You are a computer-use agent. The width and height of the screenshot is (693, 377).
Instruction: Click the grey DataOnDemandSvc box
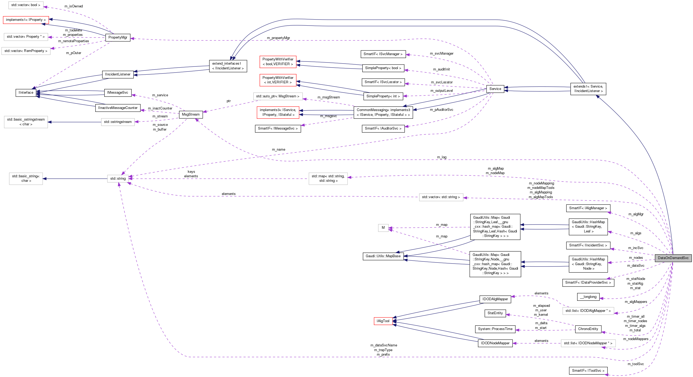[x=673, y=258]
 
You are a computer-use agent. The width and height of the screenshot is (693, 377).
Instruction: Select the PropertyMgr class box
[x=118, y=37]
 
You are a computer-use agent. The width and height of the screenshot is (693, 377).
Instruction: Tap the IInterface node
[x=26, y=92]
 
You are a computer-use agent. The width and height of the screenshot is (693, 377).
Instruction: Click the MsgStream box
[x=190, y=114]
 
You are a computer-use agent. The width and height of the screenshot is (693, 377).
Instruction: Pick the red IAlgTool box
[x=383, y=321]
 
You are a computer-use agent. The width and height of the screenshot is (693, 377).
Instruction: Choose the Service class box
[x=495, y=89]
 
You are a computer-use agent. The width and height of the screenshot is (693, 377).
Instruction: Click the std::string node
[x=118, y=178]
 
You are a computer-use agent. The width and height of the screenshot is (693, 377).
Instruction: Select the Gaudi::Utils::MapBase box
[x=383, y=256]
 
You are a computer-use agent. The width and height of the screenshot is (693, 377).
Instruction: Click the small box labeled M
[x=383, y=228]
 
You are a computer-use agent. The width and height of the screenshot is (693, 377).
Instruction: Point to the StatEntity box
[x=495, y=313]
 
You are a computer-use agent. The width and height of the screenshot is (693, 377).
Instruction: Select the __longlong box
[x=588, y=297]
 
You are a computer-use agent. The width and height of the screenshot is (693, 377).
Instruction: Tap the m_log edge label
[x=442, y=157]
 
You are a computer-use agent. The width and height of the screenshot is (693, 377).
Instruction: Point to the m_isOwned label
[x=73, y=6]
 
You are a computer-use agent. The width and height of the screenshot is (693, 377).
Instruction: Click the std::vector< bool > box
[x=26, y=5]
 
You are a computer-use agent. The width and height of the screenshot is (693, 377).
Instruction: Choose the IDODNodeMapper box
[x=495, y=343]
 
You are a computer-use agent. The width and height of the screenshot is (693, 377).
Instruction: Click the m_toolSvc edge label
[x=635, y=364]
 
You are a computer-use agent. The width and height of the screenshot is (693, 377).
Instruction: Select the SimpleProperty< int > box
[x=383, y=96]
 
